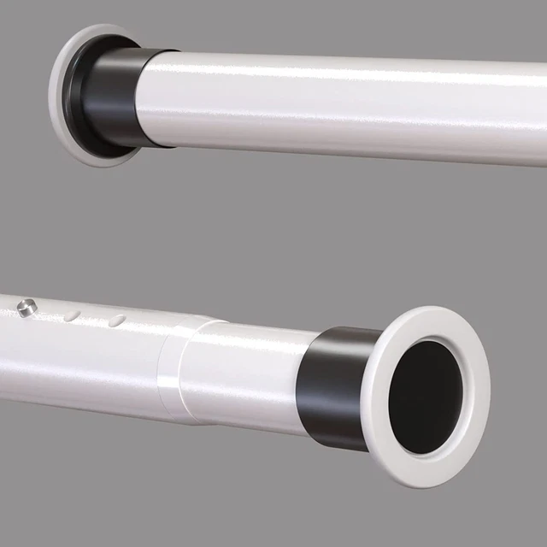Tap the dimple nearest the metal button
point(73,315)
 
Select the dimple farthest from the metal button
point(117,320)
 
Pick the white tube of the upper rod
point(342,107)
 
